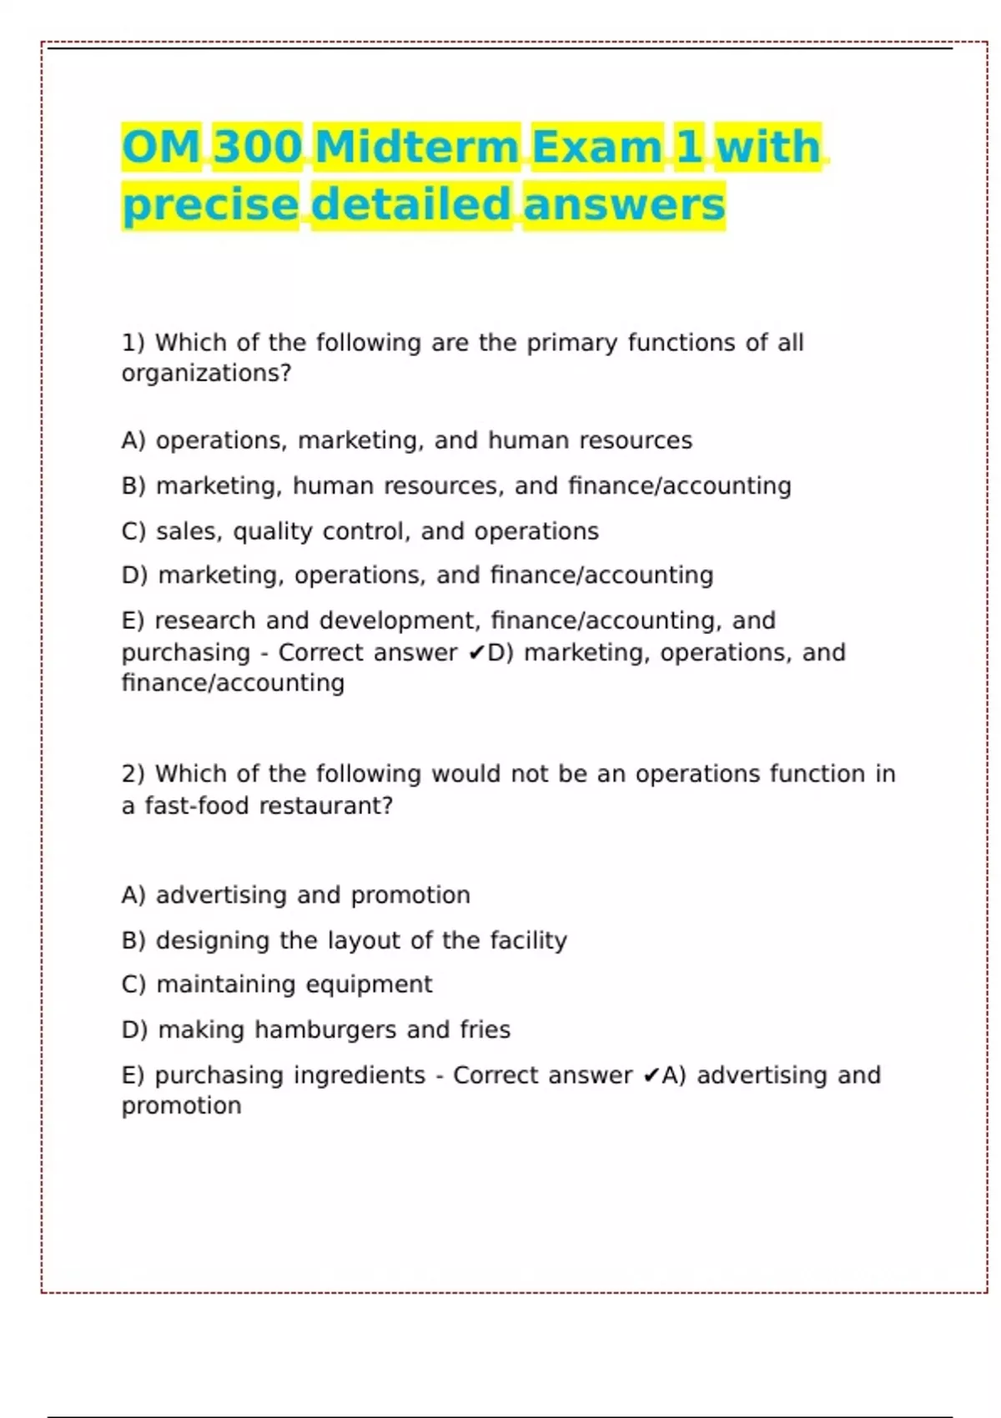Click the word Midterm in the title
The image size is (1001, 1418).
point(417,148)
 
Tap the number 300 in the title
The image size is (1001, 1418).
point(257,148)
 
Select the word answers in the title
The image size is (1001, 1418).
point(624,205)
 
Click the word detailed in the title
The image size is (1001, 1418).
point(411,205)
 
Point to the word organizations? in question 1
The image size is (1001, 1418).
point(206,374)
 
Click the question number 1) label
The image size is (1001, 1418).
point(133,343)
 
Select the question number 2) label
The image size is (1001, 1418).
point(133,774)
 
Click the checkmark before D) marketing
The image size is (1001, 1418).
point(476,653)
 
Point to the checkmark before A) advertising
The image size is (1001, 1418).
point(651,1076)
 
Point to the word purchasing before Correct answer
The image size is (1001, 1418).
point(185,653)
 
